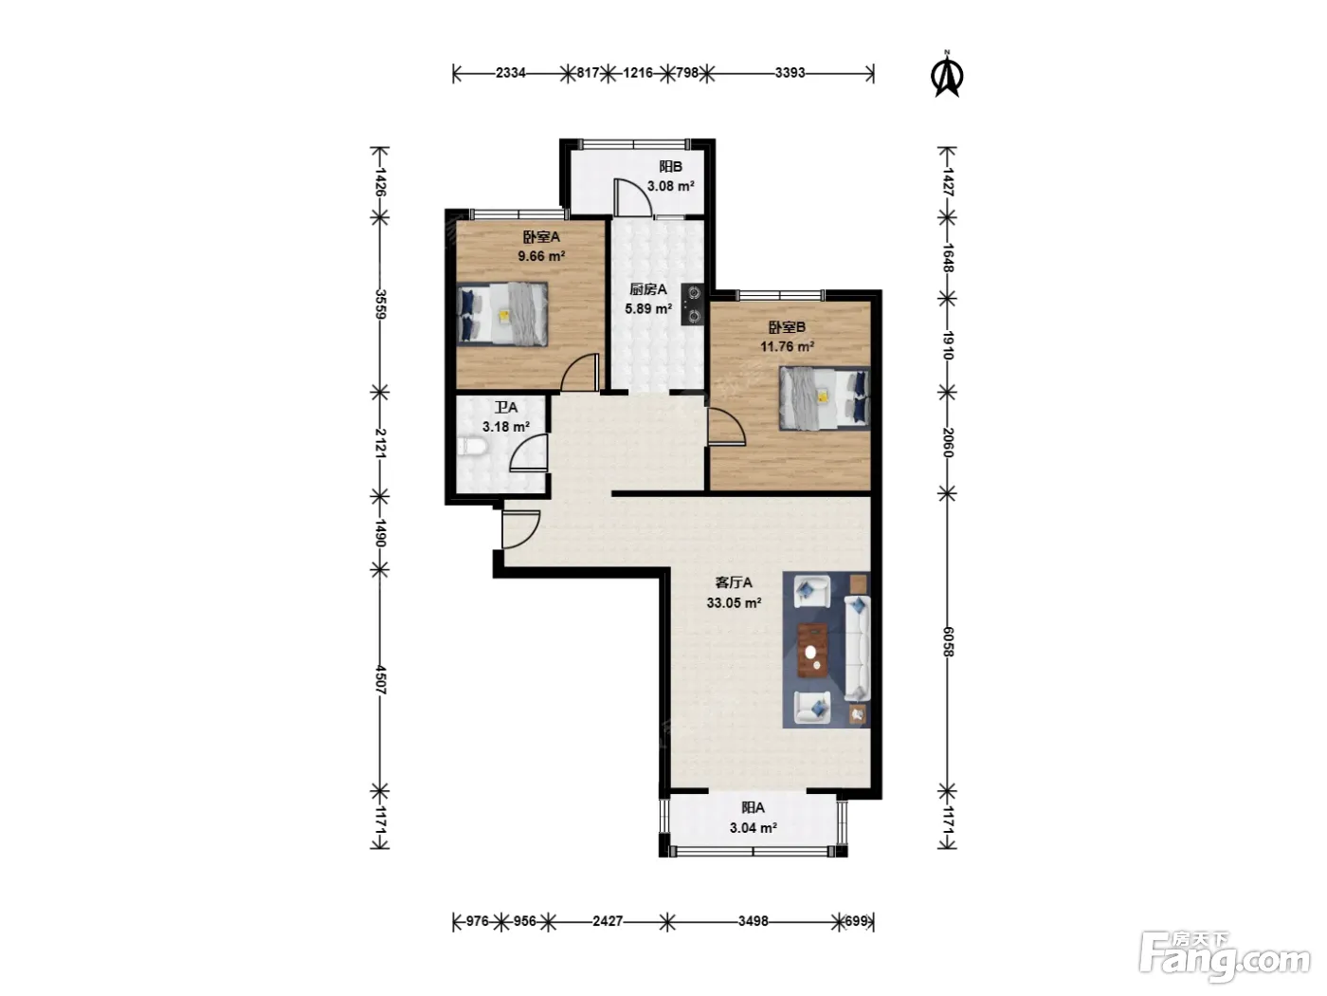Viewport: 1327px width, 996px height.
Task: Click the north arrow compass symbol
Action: pyautogui.click(x=947, y=74)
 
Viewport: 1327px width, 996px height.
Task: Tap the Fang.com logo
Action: pyautogui.click(x=1225, y=955)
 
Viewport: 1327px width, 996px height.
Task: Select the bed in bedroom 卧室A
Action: pyautogui.click(x=502, y=314)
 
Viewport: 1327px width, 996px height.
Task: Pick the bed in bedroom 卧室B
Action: pyautogui.click(x=825, y=398)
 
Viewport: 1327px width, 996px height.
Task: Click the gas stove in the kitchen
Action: pyautogui.click(x=693, y=304)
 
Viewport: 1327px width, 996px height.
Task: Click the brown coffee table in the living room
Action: pyautogui.click(x=812, y=650)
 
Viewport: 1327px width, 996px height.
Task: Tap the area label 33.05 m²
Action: pyautogui.click(x=734, y=603)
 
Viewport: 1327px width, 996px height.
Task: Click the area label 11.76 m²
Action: pyautogui.click(x=787, y=346)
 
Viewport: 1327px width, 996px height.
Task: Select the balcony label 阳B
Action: pyautogui.click(x=670, y=166)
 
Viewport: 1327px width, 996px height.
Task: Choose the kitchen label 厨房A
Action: pyautogui.click(x=648, y=289)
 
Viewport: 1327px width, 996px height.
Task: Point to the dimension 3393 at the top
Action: pyautogui.click(x=790, y=73)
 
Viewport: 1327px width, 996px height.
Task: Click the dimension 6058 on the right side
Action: pyautogui.click(x=948, y=642)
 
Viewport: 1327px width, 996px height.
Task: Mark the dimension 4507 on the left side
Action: pyautogui.click(x=380, y=680)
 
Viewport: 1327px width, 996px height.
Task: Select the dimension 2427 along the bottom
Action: pyautogui.click(x=607, y=921)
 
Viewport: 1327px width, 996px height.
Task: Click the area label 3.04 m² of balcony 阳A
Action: pyautogui.click(x=753, y=828)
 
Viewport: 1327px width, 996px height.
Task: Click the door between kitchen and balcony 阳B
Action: pyautogui.click(x=632, y=197)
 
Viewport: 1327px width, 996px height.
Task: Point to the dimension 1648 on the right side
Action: pyautogui.click(x=948, y=258)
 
